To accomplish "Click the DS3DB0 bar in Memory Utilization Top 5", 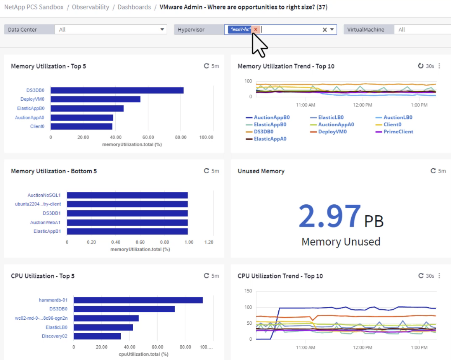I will pyautogui.click(x=117, y=90).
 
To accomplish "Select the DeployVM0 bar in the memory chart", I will pyautogui.click(x=96, y=99).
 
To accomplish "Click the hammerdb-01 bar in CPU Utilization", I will pyautogui.click(x=138, y=300).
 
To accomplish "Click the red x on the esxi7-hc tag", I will pyautogui.click(x=256, y=29).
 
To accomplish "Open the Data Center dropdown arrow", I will pyautogui.click(x=162, y=29).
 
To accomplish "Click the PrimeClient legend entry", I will pyautogui.click(x=398, y=132).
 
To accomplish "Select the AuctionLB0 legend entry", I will pyautogui.click(x=397, y=117).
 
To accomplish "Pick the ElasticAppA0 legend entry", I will pyautogui.click(x=270, y=139).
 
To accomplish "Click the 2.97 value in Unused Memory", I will pyautogui.click(x=329, y=216).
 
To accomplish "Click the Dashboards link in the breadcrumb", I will pyautogui.click(x=134, y=7).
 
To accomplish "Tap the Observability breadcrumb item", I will pyautogui.click(x=91, y=7).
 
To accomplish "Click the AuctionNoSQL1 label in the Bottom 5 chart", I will pyautogui.click(x=44, y=195).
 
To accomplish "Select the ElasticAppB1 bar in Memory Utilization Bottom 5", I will pyautogui.click(x=127, y=231).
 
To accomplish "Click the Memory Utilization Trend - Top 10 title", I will pyautogui.click(x=286, y=66).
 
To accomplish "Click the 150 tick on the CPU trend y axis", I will pyautogui.click(x=247, y=291).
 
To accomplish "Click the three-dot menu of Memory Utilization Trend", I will pyautogui.click(x=439, y=66).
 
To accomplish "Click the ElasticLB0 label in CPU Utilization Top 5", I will pyautogui.click(x=57, y=327).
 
